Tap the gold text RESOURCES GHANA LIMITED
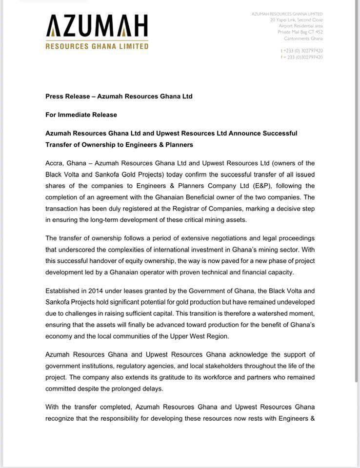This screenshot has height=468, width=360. (97, 46)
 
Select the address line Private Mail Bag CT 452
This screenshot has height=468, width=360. (300, 32)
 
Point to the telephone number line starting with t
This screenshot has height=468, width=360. (301, 51)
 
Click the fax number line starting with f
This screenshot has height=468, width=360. (301, 57)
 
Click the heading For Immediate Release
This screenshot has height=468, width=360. (81, 115)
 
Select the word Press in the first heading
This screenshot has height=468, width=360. (55, 97)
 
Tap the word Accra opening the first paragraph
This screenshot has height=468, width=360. (55, 163)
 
